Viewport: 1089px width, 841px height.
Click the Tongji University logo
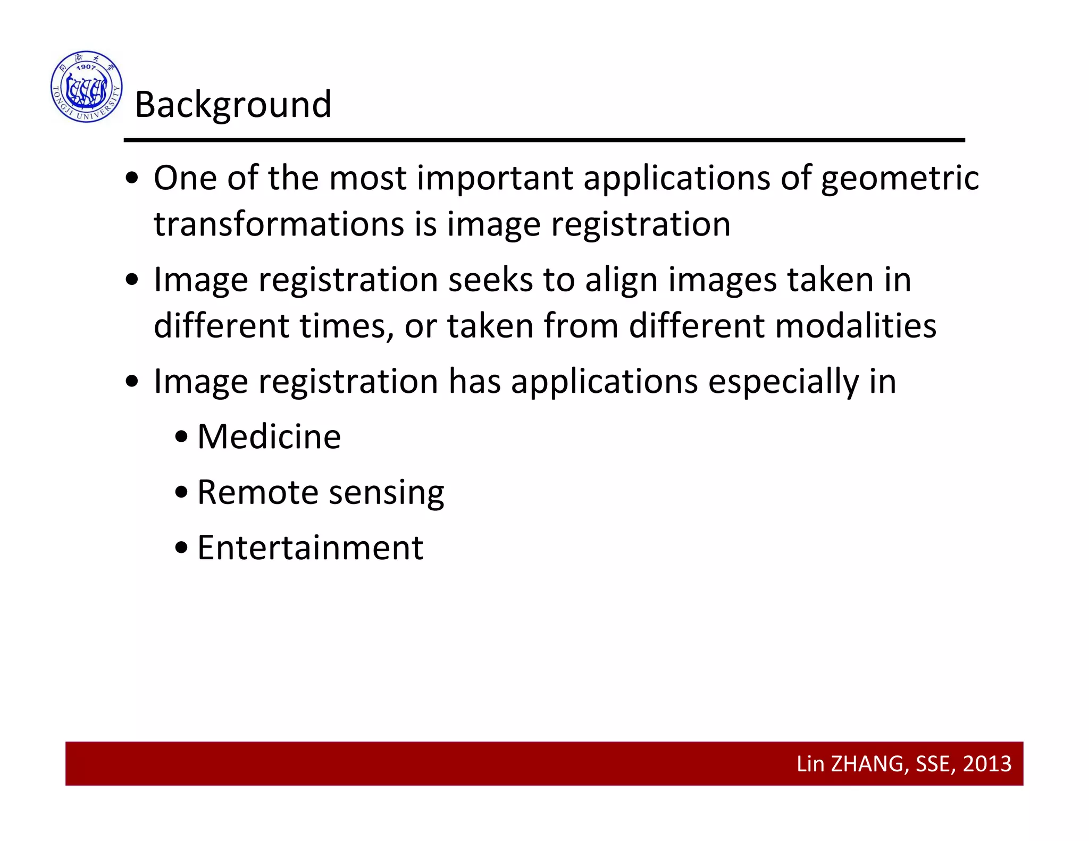[x=87, y=87]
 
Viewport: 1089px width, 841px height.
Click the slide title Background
[x=233, y=104]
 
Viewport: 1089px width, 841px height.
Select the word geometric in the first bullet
[x=900, y=179]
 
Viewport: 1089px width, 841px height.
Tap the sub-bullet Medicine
[x=269, y=437]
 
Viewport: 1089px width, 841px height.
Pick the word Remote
[x=254, y=492]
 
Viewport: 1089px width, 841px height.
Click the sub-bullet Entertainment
[x=310, y=548]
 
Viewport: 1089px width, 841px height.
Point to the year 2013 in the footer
[x=987, y=764]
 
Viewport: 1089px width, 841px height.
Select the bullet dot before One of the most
[x=132, y=179]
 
